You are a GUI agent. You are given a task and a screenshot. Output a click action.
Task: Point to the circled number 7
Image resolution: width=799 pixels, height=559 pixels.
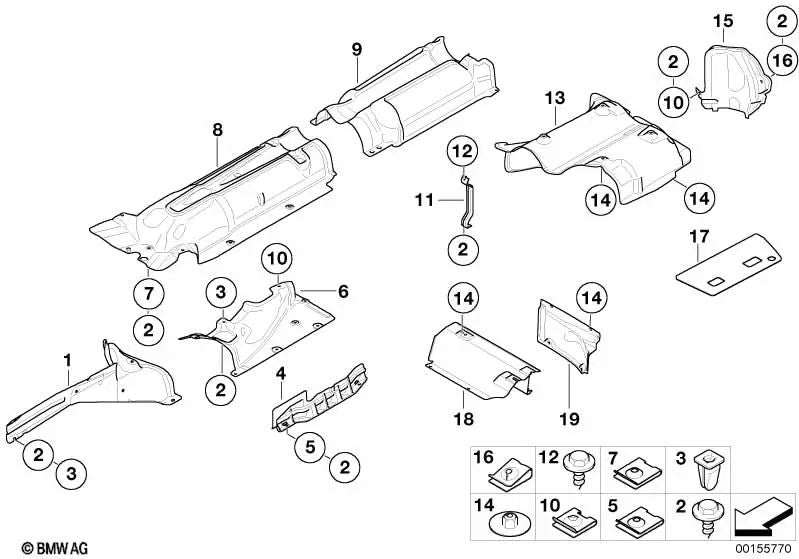pos(148,293)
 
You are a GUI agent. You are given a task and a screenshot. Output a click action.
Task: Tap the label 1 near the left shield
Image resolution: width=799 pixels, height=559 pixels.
pos(67,359)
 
